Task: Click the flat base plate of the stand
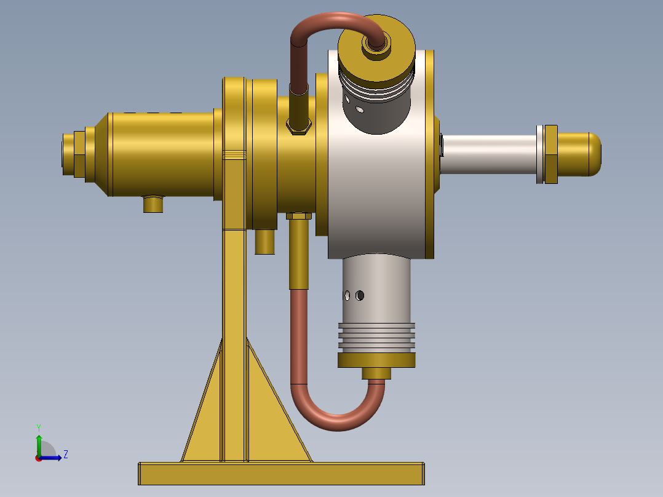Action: [x=281, y=474]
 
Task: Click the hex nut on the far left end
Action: [x=79, y=154]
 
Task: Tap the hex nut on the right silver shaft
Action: [x=550, y=154]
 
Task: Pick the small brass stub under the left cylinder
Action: [x=153, y=204]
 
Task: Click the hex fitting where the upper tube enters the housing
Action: [x=299, y=125]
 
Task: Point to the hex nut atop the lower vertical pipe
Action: [x=299, y=216]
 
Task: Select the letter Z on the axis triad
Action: [x=65, y=455]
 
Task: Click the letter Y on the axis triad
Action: [x=38, y=427]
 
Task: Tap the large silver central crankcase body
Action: [x=375, y=197]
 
